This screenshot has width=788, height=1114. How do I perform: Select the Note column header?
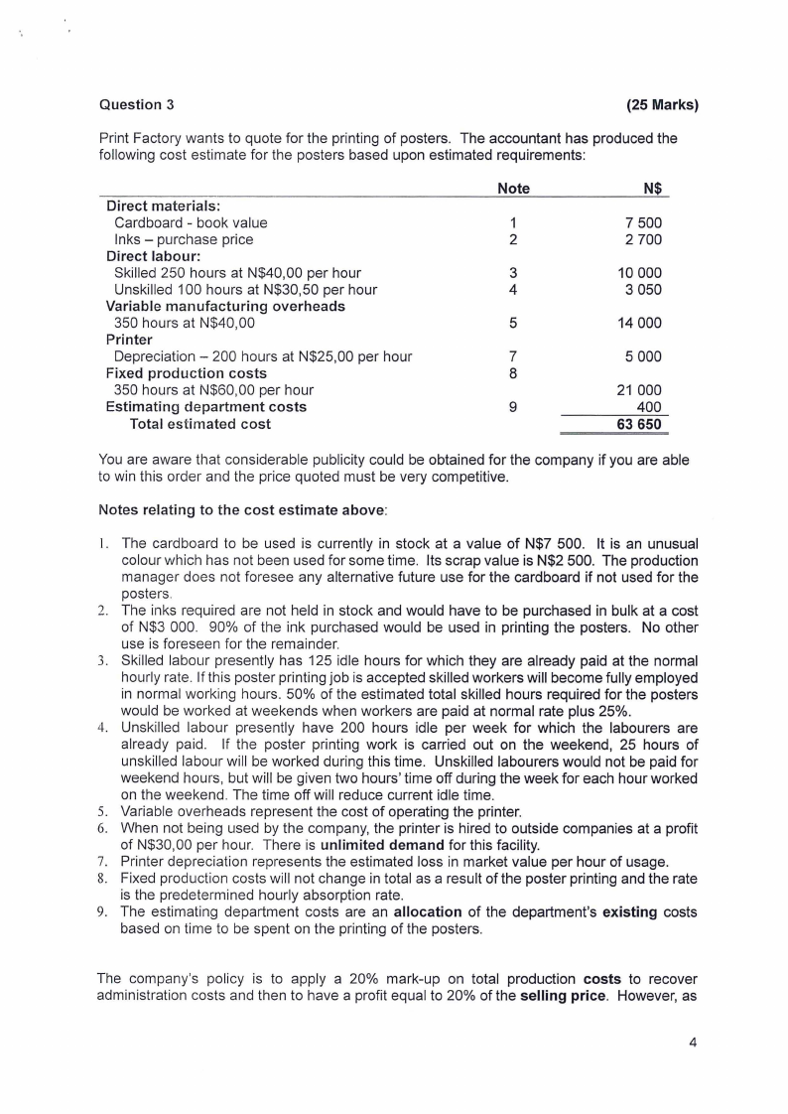513,189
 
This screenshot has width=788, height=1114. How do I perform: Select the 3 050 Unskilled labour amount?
643,290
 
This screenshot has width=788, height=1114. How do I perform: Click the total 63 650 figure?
639,425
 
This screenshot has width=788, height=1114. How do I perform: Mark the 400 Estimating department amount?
650,407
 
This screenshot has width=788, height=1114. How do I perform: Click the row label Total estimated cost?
200,424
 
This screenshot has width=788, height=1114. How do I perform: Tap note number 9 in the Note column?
513,407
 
